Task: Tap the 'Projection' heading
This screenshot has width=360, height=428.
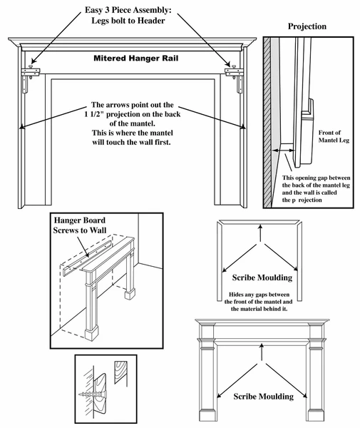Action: (x=307, y=26)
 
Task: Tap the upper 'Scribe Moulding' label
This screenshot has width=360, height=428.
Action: (x=263, y=276)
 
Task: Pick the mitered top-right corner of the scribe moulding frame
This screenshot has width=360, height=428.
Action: (x=299, y=225)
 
